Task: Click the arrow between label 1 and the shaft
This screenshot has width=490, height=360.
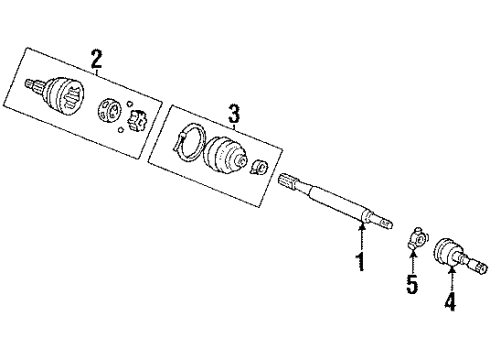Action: coord(360,238)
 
